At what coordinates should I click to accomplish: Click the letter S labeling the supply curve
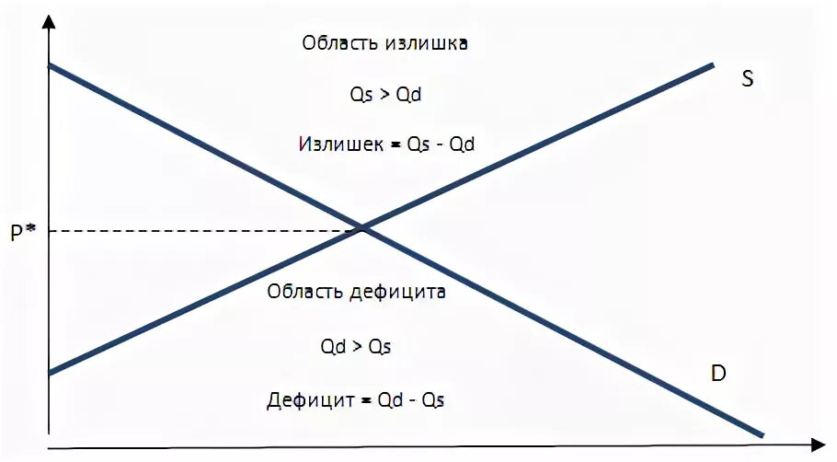pos(747,79)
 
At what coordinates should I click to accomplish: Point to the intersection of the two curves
pos(363,226)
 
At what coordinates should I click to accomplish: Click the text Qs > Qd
pos(384,95)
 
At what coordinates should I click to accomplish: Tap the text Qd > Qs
pos(356,347)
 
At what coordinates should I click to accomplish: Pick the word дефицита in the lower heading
pos(397,293)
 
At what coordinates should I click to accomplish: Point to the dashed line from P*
pos(202,229)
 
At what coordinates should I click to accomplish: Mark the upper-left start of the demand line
pos(52,66)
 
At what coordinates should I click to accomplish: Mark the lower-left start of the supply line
pos(52,372)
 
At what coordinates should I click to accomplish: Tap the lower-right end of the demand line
pos(761,434)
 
